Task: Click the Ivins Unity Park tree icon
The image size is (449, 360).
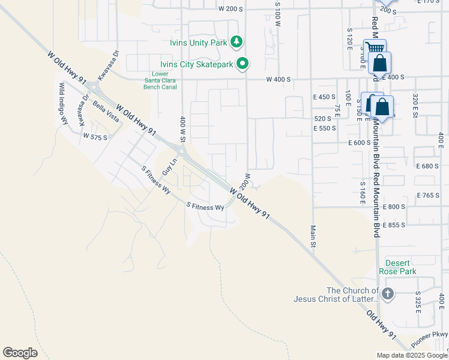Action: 238,41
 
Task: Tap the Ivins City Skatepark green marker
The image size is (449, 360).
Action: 243,63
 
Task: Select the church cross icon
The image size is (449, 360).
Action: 388,293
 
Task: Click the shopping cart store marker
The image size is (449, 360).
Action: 375,48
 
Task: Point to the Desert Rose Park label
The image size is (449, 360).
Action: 397,267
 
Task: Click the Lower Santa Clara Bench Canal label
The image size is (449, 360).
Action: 160,81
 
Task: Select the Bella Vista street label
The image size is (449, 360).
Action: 106,112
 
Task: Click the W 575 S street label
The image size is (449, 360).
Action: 95,137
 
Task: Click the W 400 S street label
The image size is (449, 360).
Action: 279,79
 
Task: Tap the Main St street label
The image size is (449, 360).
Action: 313,236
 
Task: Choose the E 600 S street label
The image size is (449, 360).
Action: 358,143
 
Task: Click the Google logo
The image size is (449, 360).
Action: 20,352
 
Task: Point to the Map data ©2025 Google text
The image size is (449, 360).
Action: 412,355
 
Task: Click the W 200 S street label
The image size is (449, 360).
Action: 231,9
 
